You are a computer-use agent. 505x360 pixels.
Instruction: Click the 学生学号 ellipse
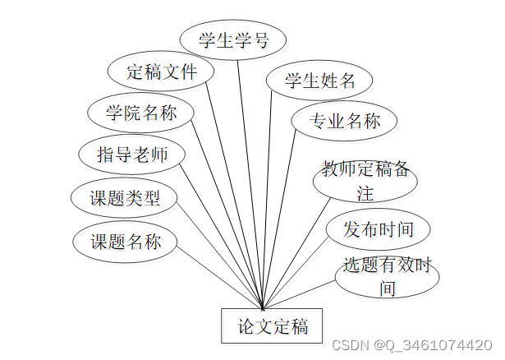coord(233,40)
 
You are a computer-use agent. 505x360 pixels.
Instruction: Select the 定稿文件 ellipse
coord(161,72)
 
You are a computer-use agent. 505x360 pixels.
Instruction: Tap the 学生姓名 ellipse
coord(319,81)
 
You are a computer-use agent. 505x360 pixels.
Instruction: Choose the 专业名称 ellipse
coord(344,122)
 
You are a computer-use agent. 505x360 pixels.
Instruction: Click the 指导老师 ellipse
coord(131,154)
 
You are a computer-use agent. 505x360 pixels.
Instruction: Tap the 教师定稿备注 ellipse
coord(365,182)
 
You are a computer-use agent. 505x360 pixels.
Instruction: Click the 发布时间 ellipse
coord(378,229)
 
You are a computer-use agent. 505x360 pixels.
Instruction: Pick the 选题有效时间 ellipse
coord(387,277)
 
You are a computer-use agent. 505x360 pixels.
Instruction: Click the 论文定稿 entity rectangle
coord(273,325)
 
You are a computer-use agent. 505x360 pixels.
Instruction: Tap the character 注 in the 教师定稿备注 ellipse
coord(365,194)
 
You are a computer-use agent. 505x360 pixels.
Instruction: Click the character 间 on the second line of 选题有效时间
coord(387,288)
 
